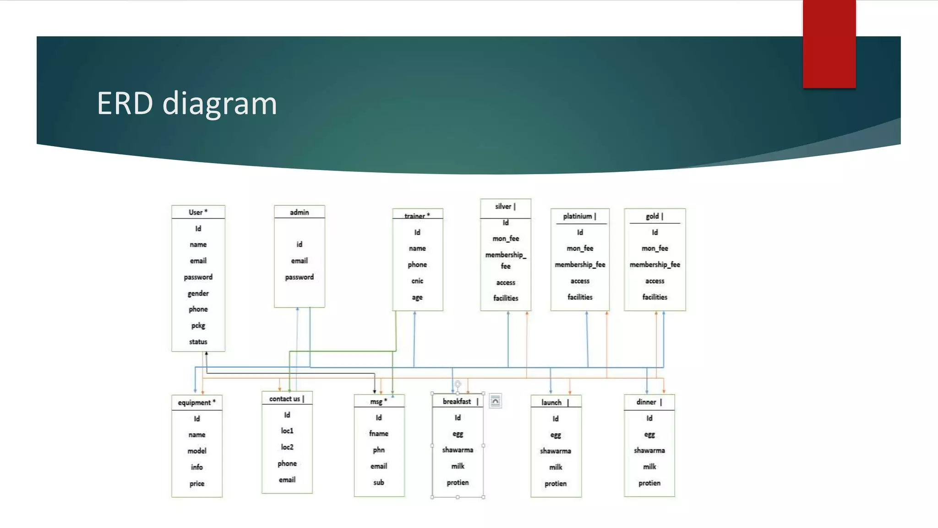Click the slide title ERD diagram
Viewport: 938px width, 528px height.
[x=187, y=103]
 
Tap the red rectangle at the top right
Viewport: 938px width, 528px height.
[x=829, y=44]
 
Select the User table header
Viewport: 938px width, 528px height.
[x=198, y=212]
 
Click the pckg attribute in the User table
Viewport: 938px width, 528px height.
[x=198, y=325]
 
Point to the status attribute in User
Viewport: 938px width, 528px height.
[x=198, y=342]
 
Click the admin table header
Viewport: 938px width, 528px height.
[x=299, y=212]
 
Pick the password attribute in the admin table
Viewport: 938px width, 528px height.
[x=299, y=277]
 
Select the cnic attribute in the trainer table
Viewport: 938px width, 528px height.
[x=417, y=281]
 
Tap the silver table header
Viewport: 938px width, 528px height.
[x=505, y=207]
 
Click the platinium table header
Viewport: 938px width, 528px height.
[x=579, y=216]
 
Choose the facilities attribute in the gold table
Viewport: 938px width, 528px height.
[x=654, y=297]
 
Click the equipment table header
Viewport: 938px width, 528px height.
[x=196, y=402]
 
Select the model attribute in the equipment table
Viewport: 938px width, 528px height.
[x=196, y=451]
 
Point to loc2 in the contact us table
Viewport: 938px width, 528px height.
[x=287, y=447]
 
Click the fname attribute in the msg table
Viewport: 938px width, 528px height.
[x=379, y=434]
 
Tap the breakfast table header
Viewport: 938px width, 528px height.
[x=458, y=401]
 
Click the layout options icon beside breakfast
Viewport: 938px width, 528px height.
[x=495, y=401]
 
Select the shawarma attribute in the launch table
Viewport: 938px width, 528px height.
[x=556, y=451]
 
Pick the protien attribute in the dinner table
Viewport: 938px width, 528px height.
[x=649, y=483]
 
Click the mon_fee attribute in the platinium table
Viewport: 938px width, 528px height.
[x=580, y=248]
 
